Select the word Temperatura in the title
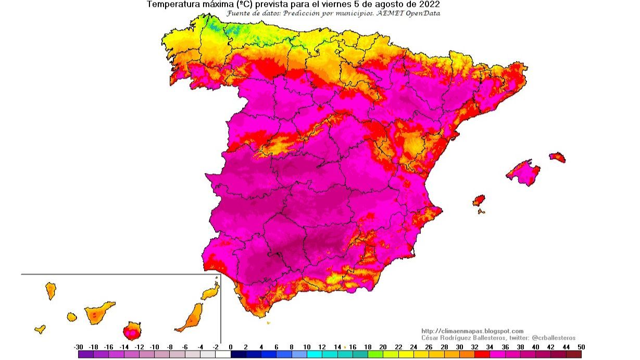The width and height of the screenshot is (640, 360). coord(172,4)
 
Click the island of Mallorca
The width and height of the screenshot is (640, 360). coord(524,172)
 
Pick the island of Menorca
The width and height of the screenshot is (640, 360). coord(557,156)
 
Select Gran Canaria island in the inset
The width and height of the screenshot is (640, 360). coord(132,330)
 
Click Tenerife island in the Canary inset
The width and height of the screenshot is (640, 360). coord(97,313)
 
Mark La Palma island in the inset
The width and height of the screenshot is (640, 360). coord(51,290)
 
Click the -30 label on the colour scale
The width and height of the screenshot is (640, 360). coord(79,347)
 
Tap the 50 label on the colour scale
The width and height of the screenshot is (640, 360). coord(581,347)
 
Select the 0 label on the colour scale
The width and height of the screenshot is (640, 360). coord(231,347)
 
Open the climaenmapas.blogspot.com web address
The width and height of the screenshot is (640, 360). coord(472,331)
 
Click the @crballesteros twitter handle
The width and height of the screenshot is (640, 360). coord(553,338)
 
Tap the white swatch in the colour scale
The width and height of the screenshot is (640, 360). coord(223,354)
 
